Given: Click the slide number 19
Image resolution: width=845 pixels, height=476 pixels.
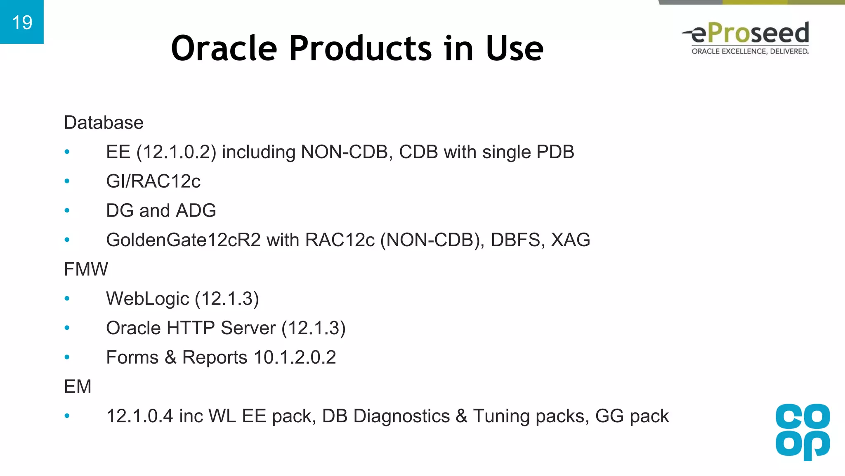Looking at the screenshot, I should [22, 22].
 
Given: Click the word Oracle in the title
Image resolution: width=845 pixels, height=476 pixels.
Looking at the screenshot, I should [224, 48].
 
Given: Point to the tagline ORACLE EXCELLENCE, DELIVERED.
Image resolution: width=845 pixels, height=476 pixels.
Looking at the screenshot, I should [750, 51].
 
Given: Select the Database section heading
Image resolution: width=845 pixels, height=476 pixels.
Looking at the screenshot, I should [104, 123].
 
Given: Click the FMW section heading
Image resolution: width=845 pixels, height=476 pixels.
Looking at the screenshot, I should [86, 269].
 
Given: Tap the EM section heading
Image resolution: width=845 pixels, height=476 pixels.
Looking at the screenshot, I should [78, 387].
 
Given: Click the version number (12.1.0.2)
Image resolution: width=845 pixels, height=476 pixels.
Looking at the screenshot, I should [176, 152].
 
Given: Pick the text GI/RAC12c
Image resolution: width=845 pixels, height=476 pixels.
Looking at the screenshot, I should [153, 181].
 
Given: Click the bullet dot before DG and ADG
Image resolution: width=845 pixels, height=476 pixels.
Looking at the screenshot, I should [67, 211].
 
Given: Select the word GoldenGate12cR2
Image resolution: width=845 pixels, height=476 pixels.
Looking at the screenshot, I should [183, 240].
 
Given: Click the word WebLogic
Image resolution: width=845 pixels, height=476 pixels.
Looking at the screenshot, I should [147, 299].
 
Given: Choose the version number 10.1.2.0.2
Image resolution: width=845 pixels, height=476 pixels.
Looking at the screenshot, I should [295, 357].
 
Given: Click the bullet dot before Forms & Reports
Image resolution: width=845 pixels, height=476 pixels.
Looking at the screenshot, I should [67, 357].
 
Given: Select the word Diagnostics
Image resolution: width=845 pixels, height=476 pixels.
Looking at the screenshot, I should [401, 416].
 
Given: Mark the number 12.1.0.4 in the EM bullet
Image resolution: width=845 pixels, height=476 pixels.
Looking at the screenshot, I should [139, 416].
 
